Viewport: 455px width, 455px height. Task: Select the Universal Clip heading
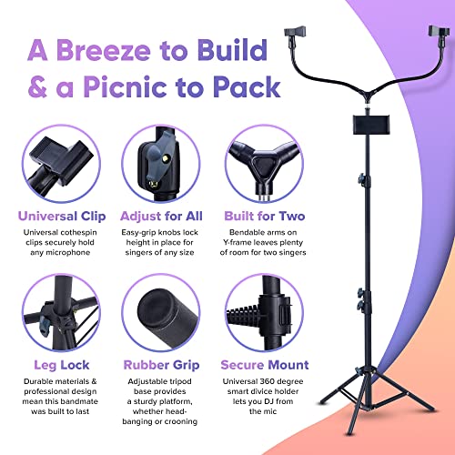61,216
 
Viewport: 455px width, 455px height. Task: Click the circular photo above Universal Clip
61,164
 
